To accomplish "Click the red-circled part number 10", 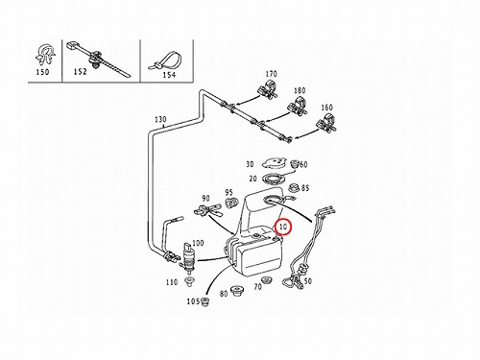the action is coord(283,227).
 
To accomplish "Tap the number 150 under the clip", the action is coord(42,72).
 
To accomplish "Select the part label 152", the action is coord(80,72).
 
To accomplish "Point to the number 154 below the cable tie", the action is coord(169,75).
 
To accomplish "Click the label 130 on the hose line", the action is coord(160,119).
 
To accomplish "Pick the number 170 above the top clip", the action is coord(271,74).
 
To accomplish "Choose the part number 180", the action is coord(300,90).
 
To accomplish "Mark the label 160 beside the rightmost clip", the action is coord(326,108).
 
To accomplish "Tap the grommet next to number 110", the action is coord(189,281).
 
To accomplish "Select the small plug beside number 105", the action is coord(205,301).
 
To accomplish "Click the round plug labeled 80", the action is coord(237,290).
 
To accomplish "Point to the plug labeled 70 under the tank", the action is coord(266,280).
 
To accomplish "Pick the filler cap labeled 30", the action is coord(274,163).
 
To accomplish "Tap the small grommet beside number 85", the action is coord(294,187).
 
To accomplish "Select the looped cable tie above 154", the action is coord(164,60).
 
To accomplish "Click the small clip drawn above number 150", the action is coord(44,55).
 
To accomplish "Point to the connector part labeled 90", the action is coord(206,210).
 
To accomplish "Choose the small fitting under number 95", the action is coord(230,203).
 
